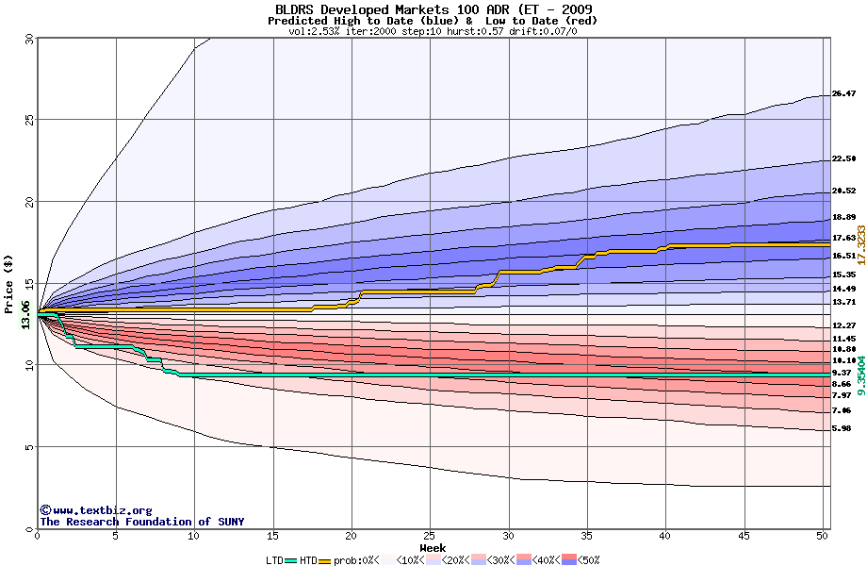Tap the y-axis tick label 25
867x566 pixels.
28,120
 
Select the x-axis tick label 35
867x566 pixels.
587,536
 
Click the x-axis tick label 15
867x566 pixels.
273,536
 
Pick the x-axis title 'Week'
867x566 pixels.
433,547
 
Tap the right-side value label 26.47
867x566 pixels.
843,94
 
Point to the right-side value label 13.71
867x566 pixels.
843,301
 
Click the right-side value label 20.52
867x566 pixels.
843,191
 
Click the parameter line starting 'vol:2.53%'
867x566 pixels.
433,31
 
